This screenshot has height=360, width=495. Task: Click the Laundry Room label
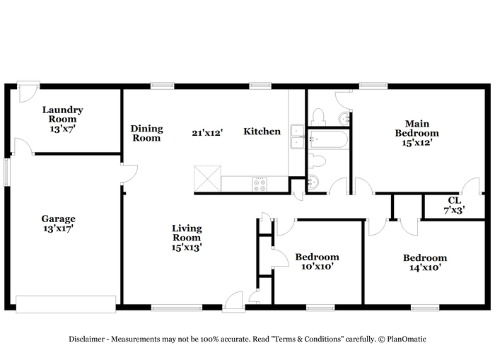[x=62, y=115]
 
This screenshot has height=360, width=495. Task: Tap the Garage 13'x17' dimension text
[x=59, y=228]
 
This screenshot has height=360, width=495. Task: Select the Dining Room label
[x=147, y=133]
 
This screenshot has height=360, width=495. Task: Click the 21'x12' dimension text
[x=207, y=133]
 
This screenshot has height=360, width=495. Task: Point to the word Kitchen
[x=262, y=132]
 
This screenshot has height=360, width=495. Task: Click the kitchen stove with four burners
[x=260, y=185]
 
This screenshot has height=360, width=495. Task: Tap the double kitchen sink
[x=297, y=137]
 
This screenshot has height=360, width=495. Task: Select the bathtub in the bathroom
[x=328, y=139]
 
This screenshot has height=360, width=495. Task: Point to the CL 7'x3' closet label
[x=454, y=205]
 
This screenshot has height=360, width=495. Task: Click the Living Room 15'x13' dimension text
[x=187, y=248]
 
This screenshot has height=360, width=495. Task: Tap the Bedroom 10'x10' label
[x=318, y=262]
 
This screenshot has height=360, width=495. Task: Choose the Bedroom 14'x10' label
[x=425, y=262]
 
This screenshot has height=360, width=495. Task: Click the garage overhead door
[x=66, y=304]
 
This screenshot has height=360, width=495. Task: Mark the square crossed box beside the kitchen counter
[x=207, y=178]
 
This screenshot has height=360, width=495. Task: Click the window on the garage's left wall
[x=6, y=172]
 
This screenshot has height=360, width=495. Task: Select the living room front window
[x=177, y=308]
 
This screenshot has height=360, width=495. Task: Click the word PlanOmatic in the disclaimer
[x=407, y=339]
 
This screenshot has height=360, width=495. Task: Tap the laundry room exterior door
[x=28, y=91]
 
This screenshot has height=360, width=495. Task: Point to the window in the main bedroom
[x=373, y=86]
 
